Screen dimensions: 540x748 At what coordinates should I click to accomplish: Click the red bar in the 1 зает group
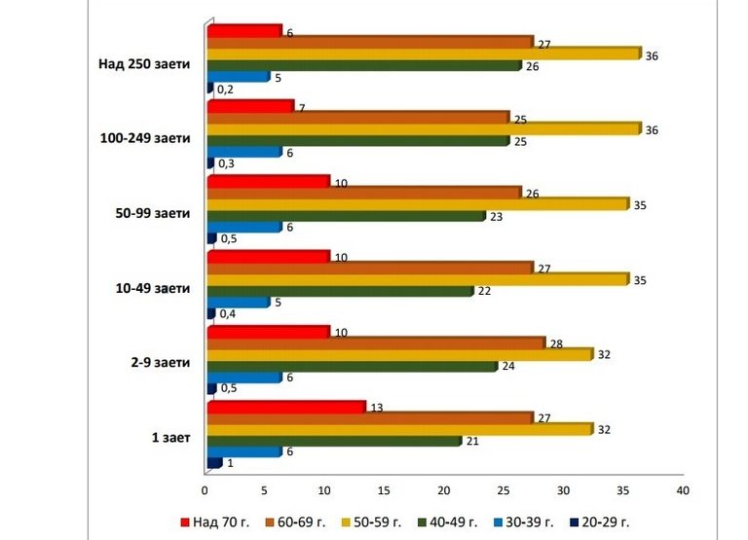(x=285, y=406)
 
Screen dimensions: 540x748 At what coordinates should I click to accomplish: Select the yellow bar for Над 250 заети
(x=424, y=54)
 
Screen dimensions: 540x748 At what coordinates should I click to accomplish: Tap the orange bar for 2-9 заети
(x=375, y=342)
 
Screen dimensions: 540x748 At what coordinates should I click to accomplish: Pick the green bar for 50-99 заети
(x=346, y=216)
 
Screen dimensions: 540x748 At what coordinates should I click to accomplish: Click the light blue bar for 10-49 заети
(x=238, y=302)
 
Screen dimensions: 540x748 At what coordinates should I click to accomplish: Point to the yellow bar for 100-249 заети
(x=424, y=128)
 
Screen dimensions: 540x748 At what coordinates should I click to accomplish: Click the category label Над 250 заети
(x=144, y=65)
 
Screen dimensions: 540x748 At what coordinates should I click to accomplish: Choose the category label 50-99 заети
(x=151, y=213)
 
